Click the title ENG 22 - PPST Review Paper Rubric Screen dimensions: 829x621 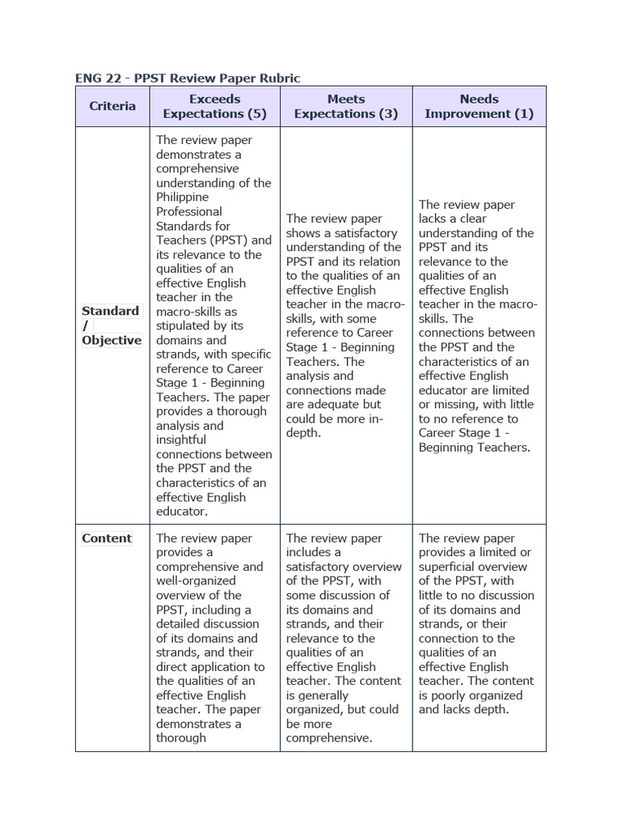188,78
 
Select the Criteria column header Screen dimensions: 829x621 112,106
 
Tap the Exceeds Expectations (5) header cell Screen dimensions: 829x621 215,106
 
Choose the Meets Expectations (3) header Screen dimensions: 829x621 346,106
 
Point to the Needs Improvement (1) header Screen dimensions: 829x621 479,106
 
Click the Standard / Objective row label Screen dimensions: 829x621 112,325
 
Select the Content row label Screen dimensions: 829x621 107,538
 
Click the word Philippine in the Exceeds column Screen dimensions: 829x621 183,197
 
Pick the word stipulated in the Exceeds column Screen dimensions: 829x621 185,325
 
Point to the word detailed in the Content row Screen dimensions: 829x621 183,624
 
